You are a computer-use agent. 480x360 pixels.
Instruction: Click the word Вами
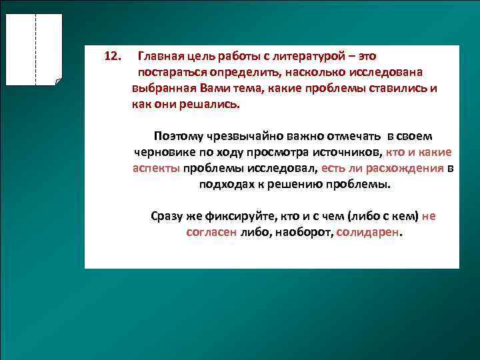point(213,89)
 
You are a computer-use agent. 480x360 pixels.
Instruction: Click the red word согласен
point(211,233)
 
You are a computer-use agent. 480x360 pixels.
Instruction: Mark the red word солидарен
point(368,233)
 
